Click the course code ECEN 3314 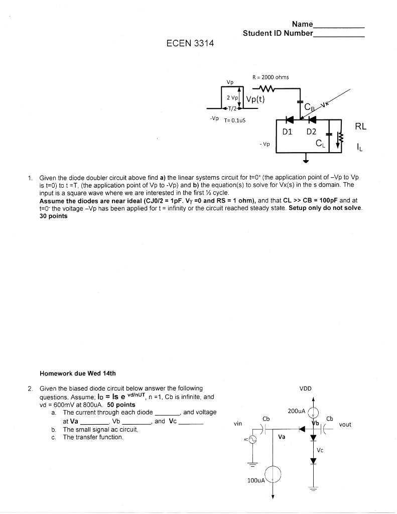click(x=190, y=43)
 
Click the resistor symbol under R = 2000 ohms click(x=262, y=89)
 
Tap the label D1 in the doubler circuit click(x=287, y=132)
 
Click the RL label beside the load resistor click(x=361, y=126)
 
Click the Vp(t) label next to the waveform click(x=255, y=99)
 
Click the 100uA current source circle click(x=273, y=473)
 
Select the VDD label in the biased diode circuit click(x=306, y=388)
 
